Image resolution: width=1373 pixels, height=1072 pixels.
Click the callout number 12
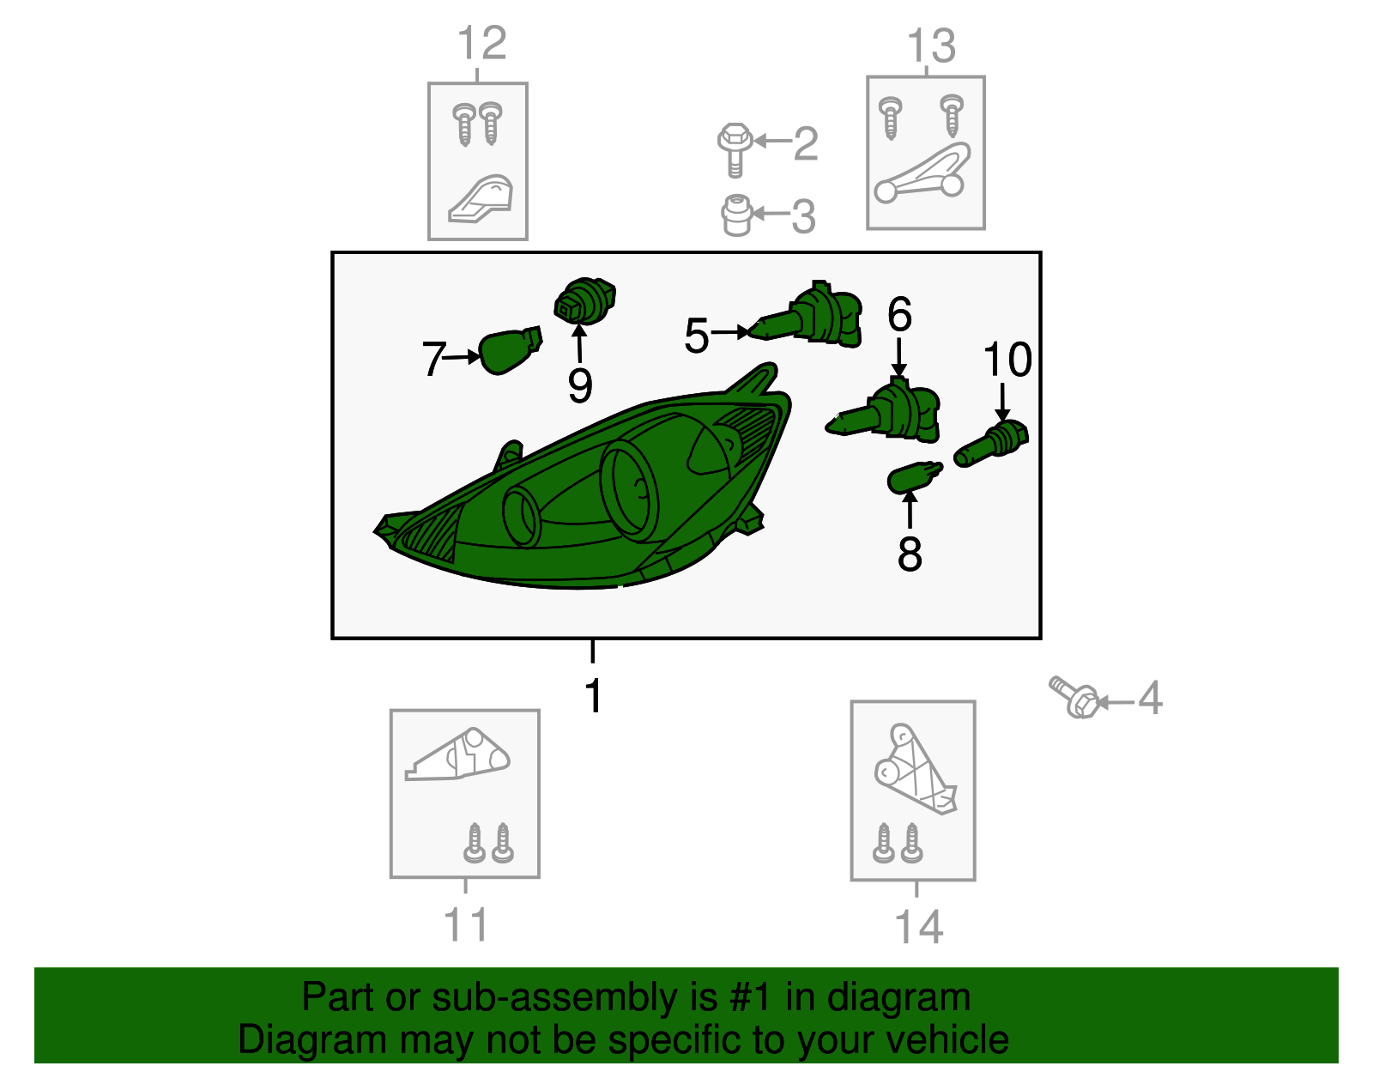click(x=482, y=43)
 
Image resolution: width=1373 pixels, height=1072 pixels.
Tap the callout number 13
click(x=931, y=45)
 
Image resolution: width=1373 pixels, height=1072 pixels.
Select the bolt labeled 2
click(x=735, y=149)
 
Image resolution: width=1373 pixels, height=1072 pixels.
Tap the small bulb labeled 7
click(x=510, y=349)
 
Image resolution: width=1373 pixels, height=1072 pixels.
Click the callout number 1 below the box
click(x=593, y=696)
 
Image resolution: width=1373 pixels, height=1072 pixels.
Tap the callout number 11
click(x=466, y=925)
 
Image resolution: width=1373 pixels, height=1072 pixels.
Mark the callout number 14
click(x=919, y=927)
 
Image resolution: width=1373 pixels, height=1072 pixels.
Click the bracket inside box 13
click(x=922, y=173)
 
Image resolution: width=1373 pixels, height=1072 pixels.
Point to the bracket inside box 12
click(x=481, y=200)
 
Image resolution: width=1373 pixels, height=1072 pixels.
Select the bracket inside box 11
click(x=457, y=755)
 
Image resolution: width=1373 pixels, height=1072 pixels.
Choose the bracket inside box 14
click(x=915, y=769)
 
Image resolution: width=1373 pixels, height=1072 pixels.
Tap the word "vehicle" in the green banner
click(x=947, y=1039)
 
